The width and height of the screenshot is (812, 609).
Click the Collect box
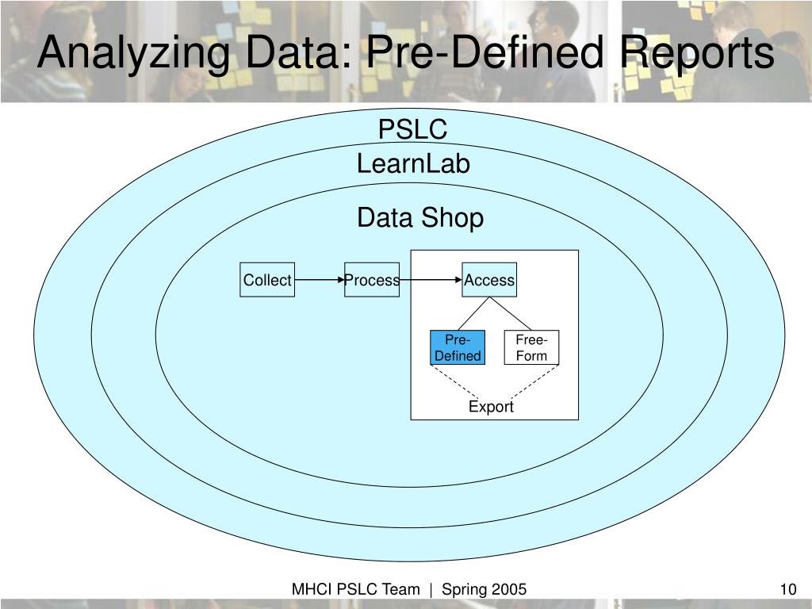click(x=267, y=280)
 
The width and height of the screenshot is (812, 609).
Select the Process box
click(x=372, y=280)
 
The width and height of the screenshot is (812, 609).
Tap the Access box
click(x=489, y=280)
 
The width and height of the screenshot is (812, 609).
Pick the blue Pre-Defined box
click(x=458, y=347)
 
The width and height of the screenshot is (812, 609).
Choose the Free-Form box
click(x=531, y=347)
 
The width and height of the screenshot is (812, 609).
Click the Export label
click(x=491, y=407)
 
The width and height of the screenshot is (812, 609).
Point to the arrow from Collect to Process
click(x=319, y=280)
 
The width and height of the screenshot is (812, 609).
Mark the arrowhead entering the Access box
click(x=458, y=280)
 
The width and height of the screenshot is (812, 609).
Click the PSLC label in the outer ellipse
click(x=412, y=128)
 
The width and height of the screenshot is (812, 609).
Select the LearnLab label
click(x=413, y=164)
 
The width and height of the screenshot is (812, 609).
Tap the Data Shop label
click(x=419, y=217)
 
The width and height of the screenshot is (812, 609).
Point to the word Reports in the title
click(x=698, y=54)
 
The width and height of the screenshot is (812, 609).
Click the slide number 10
click(x=787, y=589)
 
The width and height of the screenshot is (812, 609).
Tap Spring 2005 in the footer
click(x=484, y=589)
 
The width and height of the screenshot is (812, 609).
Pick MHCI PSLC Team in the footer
click(x=355, y=589)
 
